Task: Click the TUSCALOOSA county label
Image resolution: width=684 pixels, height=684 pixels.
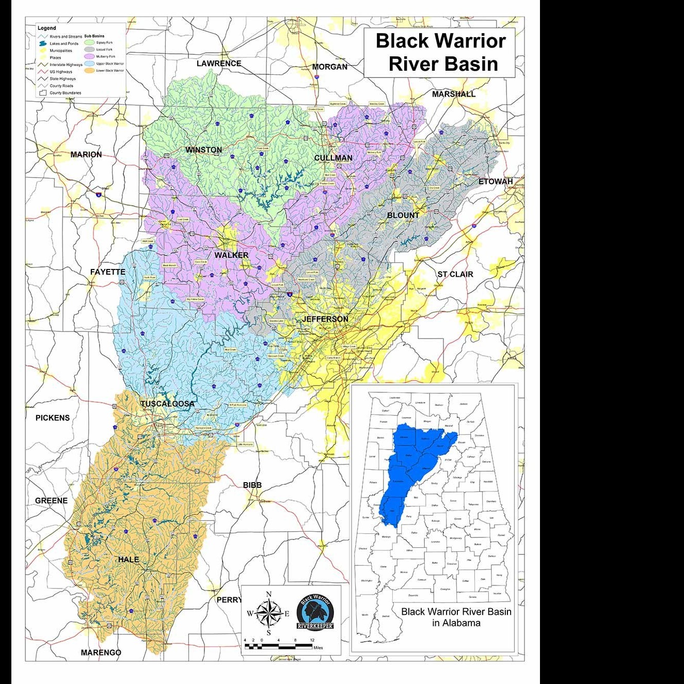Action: (x=168, y=404)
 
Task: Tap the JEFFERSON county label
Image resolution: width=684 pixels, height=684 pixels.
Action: (x=325, y=319)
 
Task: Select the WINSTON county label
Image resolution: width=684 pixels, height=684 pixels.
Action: (x=203, y=150)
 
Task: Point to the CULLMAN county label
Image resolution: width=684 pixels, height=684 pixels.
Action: (x=333, y=158)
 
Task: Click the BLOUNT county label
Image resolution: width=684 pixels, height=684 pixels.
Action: (x=403, y=215)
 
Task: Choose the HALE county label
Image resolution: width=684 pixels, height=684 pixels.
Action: (x=128, y=560)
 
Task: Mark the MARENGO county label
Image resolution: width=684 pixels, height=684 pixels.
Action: (x=101, y=653)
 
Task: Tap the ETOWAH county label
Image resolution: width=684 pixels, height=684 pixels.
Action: (x=496, y=182)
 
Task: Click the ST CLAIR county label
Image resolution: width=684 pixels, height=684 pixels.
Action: (x=455, y=274)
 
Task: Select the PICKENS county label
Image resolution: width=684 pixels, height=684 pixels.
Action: (x=53, y=418)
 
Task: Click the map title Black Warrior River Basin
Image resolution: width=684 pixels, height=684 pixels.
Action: (x=440, y=52)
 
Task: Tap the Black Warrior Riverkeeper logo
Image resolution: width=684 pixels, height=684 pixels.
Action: (x=315, y=612)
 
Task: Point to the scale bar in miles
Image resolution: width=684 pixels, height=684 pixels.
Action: (x=279, y=646)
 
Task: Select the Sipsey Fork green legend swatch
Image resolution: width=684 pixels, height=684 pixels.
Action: (x=89, y=43)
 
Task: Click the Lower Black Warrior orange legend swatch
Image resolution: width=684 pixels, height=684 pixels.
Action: (x=89, y=70)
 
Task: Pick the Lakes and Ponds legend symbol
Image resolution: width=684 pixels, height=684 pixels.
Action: (x=43, y=44)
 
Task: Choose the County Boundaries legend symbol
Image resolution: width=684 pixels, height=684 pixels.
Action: (x=43, y=93)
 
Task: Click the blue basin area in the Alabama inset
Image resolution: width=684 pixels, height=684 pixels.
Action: (x=413, y=465)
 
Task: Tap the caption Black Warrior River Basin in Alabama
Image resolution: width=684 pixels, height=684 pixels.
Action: (x=456, y=617)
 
